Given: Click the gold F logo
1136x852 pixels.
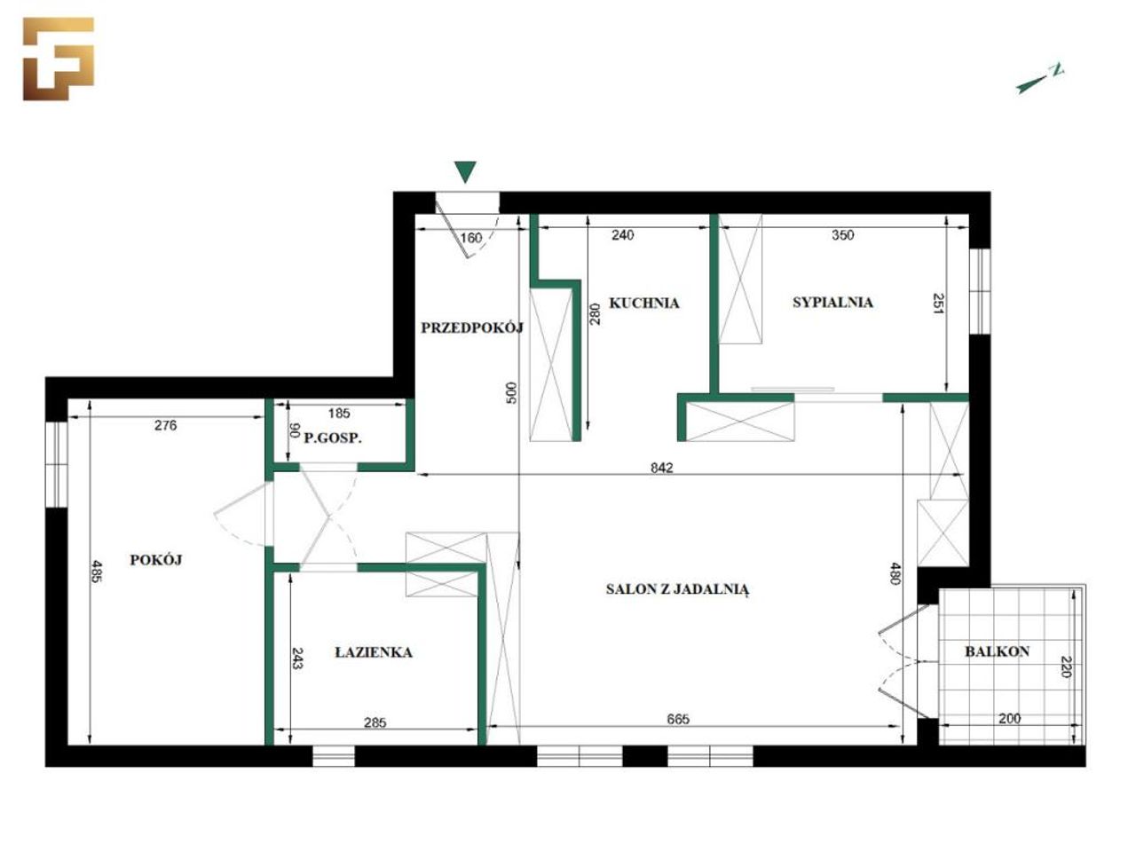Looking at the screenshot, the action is pyautogui.click(x=59, y=59).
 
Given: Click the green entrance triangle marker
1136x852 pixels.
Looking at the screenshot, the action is pyautogui.click(x=465, y=172).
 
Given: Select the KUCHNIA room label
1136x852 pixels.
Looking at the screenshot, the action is pyautogui.click(x=643, y=303).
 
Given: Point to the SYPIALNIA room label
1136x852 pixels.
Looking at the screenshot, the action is pyautogui.click(x=832, y=302).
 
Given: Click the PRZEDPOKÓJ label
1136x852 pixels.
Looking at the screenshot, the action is pyautogui.click(x=472, y=327).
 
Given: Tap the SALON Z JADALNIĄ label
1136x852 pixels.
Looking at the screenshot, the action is pyautogui.click(x=677, y=589).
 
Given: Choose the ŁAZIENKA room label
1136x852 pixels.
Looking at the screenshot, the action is pyautogui.click(x=374, y=652).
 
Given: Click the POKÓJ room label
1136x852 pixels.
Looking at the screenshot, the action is pyautogui.click(x=156, y=560).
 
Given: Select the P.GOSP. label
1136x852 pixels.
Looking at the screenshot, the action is pyautogui.click(x=333, y=438).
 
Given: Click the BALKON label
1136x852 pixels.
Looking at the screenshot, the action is pyautogui.click(x=998, y=651).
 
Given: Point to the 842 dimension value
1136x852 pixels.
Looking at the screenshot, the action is pyautogui.click(x=662, y=468).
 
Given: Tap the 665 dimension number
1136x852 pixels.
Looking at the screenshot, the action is pyautogui.click(x=678, y=719).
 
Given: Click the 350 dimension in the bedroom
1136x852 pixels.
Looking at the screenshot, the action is pyautogui.click(x=842, y=235).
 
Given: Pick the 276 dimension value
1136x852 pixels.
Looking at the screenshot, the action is pyautogui.click(x=166, y=425).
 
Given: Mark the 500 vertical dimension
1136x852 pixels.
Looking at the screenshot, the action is pyautogui.click(x=511, y=392).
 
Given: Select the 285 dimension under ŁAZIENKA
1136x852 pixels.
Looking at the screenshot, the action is pyautogui.click(x=375, y=722).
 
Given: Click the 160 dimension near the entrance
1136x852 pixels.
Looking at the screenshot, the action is pyautogui.click(x=471, y=238).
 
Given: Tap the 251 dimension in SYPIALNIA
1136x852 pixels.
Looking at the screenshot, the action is pyautogui.click(x=938, y=304).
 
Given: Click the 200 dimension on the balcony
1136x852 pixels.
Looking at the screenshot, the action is pyautogui.click(x=1010, y=718).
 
